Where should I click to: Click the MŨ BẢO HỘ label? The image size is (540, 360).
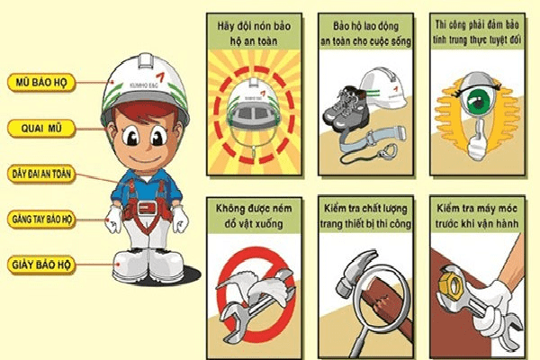tap(41, 81)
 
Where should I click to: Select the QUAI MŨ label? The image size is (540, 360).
tap(41, 128)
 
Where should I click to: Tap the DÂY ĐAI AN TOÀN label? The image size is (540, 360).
tap(42, 172)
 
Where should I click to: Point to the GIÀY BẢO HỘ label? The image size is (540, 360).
tap(41, 265)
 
